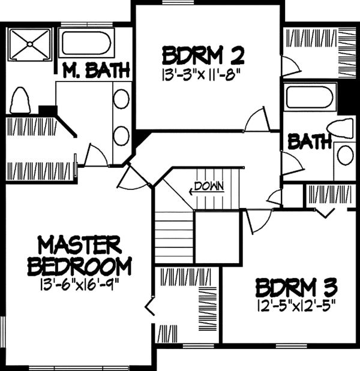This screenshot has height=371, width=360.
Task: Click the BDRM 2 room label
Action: tap(202, 56)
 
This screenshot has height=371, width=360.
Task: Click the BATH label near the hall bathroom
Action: tap(310, 142)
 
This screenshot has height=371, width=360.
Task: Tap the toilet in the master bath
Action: tap(20, 100)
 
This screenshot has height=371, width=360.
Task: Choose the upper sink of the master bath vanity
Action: tap(121, 99)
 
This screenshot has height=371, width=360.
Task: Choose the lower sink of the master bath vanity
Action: tap(121, 133)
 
